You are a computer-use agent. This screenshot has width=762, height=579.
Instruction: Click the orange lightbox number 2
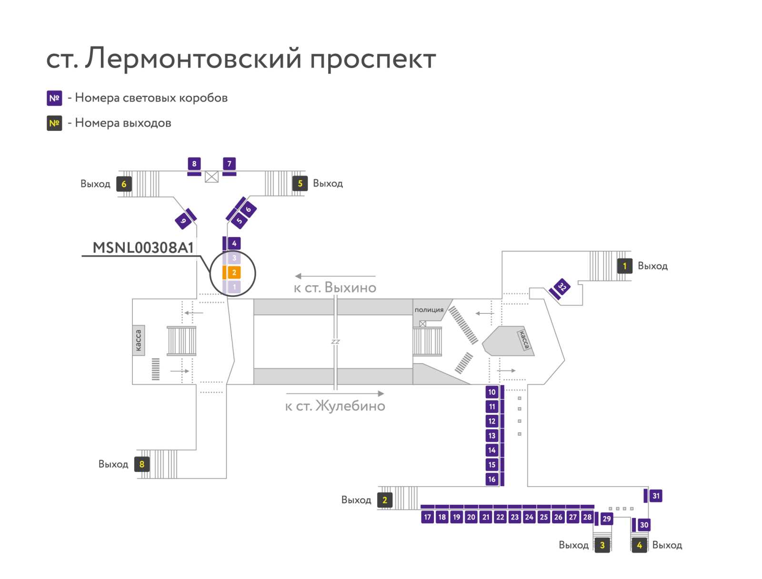coord(234,272)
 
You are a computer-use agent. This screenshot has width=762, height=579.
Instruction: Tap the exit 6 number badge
coord(124,184)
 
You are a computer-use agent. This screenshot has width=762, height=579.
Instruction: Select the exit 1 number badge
coord(624,266)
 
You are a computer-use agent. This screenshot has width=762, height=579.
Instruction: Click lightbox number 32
coord(562,287)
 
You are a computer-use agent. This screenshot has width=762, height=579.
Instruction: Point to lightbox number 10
coord(492,392)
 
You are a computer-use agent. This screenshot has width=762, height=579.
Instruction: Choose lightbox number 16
coord(492,479)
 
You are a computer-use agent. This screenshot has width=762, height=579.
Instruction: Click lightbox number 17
coord(427,517)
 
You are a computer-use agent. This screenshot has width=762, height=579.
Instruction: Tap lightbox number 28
coord(587,517)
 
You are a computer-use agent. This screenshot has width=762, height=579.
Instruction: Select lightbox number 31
coord(656,496)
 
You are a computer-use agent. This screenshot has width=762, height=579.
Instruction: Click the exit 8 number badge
coord(142,464)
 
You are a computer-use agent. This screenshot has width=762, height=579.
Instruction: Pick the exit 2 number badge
coord(385,500)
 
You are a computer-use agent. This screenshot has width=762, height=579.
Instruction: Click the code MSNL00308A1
coord(143,248)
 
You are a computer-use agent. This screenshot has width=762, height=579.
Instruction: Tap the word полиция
coord(429,310)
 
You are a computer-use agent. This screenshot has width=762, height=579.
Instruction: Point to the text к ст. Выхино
coord(335,288)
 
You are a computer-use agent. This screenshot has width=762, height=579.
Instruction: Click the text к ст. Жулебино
coord(335,406)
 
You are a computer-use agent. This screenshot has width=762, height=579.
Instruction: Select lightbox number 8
coord(194,164)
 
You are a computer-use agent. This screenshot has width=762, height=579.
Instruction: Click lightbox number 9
coord(183,221)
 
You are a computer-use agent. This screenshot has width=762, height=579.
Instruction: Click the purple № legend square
coord(54,98)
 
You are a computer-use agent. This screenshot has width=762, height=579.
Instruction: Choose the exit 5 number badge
coord(300,183)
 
